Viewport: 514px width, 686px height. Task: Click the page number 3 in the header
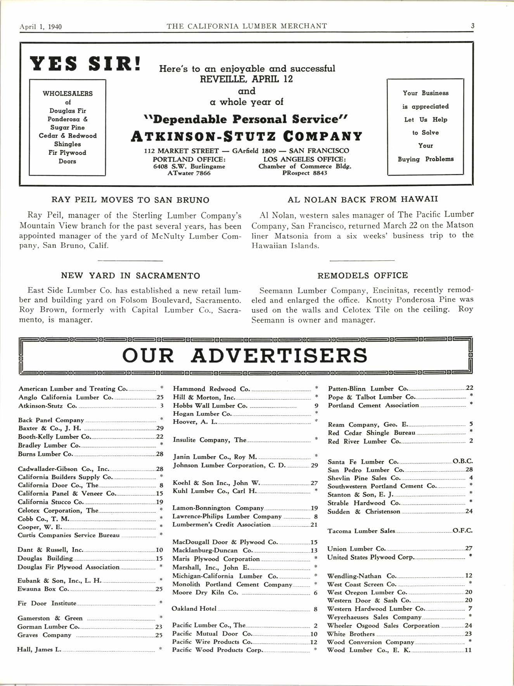tap(472, 26)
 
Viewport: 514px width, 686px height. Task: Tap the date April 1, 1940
tap(41, 27)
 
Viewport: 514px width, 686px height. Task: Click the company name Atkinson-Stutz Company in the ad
tap(247, 136)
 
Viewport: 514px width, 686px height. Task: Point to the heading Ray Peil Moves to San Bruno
tap(130, 200)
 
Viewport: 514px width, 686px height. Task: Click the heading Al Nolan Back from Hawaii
tap(363, 199)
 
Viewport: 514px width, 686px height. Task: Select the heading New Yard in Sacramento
tap(130, 276)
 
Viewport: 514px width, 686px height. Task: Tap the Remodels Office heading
tap(363, 276)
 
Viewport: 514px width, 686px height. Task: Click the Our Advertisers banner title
tap(245, 355)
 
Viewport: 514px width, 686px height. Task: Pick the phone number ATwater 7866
tap(189, 173)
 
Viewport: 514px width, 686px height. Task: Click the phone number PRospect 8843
tap(305, 173)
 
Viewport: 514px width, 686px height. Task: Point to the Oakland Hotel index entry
tap(194, 608)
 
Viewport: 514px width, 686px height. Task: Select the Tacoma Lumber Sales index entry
tap(361, 531)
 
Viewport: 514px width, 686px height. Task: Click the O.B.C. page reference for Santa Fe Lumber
tap(463, 462)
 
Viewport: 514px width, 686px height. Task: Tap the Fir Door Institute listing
tap(47, 603)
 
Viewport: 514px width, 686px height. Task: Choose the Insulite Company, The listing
tap(209, 440)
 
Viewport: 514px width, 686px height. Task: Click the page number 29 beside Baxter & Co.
tap(159, 429)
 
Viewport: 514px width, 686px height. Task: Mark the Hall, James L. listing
tap(39, 650)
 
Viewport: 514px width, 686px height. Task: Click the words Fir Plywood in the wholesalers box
tap(67, 153)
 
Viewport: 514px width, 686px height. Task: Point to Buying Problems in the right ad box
tap(426, 159)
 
